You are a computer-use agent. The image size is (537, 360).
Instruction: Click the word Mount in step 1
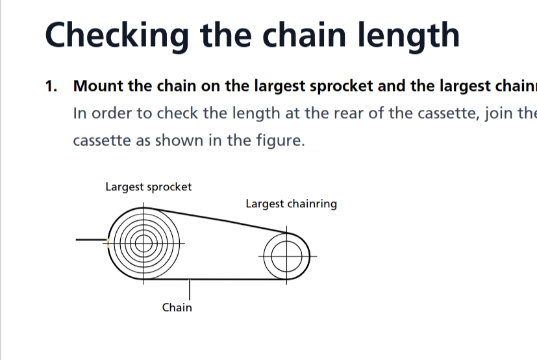(95, 86)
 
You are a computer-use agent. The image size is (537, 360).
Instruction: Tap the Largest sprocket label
(148, 187)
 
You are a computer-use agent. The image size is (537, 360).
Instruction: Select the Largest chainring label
(291, 204)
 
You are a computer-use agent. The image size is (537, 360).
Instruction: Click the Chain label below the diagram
(177, 307)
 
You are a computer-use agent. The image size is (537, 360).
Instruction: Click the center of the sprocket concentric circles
(144, 243)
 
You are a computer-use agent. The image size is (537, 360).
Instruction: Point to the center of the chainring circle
(288, 256)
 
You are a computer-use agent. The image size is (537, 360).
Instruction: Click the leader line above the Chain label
(190, 289)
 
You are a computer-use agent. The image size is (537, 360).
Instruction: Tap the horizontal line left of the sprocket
(91, 241)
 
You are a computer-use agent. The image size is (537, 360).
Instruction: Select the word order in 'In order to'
(109, 113)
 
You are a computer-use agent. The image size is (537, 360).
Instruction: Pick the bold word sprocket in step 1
(342, 86)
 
